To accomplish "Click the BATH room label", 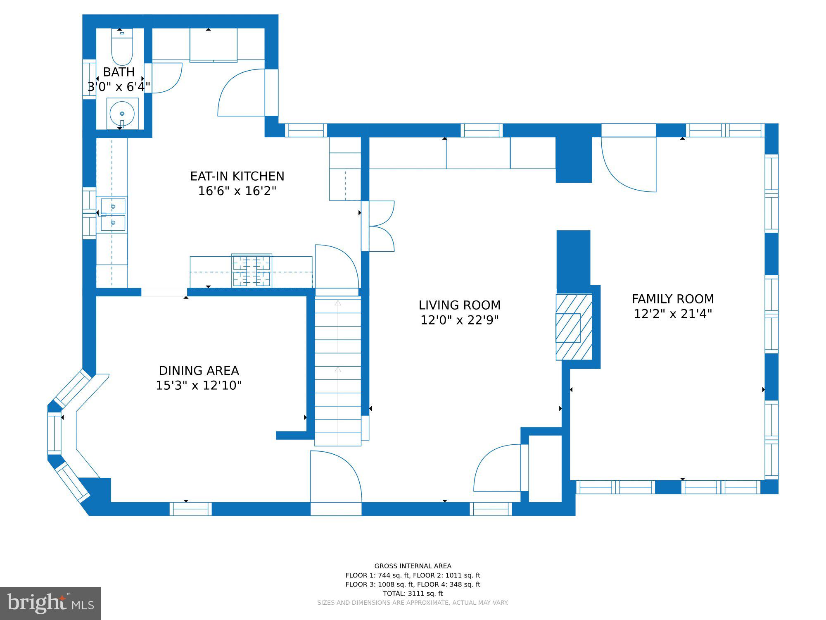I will click(x=119, y=72).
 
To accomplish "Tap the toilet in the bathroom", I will click(x=122, y=48).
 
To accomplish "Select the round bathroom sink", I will click(x=122, y=114).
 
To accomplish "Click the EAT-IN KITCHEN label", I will click(x=237, y=176).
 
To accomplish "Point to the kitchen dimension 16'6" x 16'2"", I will click(x=237, y=191).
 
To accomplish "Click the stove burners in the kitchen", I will click(x=252, y=271).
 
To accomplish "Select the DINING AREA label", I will click(x=199, y=370).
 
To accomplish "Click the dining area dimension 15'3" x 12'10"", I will click(x=199, y=385).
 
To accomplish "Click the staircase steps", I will click(x=338, y=372).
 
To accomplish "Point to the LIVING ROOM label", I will click(x=459, y=305).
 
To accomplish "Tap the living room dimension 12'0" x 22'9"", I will click(x=459, y=320).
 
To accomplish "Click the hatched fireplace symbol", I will click(x=574, y=327).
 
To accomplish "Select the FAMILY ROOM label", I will click(x=673, y=299).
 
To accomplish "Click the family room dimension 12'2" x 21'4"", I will click(x=673, y=314).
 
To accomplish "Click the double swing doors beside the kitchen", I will click(x=380, y=226).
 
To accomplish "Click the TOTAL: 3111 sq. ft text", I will click(x=413, y=594).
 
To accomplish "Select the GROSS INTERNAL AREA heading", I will click(x=413, y=566).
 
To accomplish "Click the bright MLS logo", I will click(x=50, y=603).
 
